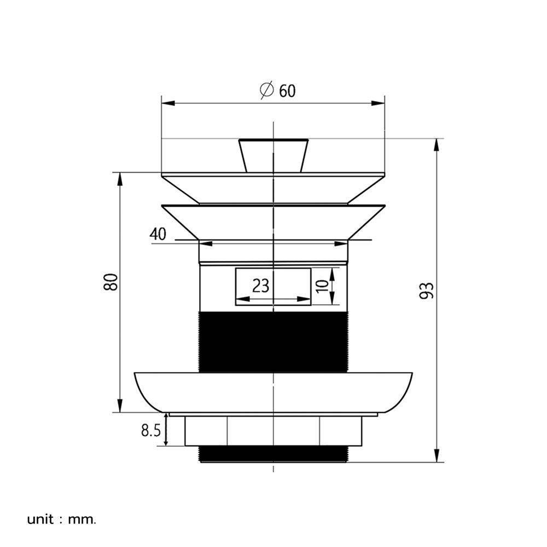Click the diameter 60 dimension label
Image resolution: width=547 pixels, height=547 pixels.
tap(278, 90)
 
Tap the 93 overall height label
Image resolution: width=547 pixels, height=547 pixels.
tap(426, 290)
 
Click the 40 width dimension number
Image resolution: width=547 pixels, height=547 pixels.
tap(158, 234)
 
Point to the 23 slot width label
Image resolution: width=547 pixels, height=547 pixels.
tap(261, 286)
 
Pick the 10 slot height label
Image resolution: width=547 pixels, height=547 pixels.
tap(323, 286)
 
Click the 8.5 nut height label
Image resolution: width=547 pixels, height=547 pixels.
tap(151, 431)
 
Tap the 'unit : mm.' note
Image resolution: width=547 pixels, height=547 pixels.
tap(61, 520)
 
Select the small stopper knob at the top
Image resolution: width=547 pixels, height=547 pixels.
tap(273, 155)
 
